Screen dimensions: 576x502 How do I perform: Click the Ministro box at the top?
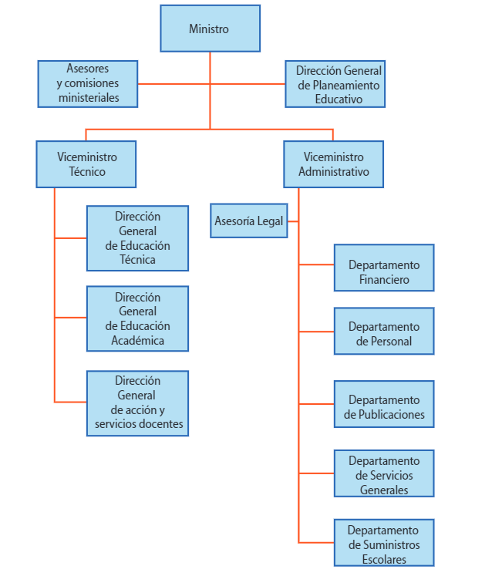coord(210,29)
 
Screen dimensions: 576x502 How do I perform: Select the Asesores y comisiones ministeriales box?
coord(89,84)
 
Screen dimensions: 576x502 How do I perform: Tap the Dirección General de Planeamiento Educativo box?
coord(335,84)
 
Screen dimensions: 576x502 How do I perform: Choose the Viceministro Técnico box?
coord(86,164)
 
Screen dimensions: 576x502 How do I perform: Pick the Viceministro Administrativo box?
coord(333,164)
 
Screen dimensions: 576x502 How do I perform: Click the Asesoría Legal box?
coord(248,221)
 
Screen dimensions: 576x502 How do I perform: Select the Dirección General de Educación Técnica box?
coord(137,238)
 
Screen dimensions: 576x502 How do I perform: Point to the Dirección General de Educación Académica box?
coord(137,318)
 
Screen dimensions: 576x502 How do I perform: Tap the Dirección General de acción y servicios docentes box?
coord(137,403)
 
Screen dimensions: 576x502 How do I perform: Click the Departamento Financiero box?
coord(384,268)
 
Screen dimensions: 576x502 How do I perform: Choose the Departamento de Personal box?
coord(384,332)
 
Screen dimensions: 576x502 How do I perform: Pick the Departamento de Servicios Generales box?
coord(384,473)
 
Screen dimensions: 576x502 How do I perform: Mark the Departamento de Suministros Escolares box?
coord(384,543)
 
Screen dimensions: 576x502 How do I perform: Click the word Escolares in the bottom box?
coord(384,559)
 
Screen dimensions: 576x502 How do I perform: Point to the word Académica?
coord(137,340)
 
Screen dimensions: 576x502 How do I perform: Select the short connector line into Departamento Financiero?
coord(316,264)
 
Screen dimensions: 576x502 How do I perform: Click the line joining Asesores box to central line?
coord(174,83)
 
